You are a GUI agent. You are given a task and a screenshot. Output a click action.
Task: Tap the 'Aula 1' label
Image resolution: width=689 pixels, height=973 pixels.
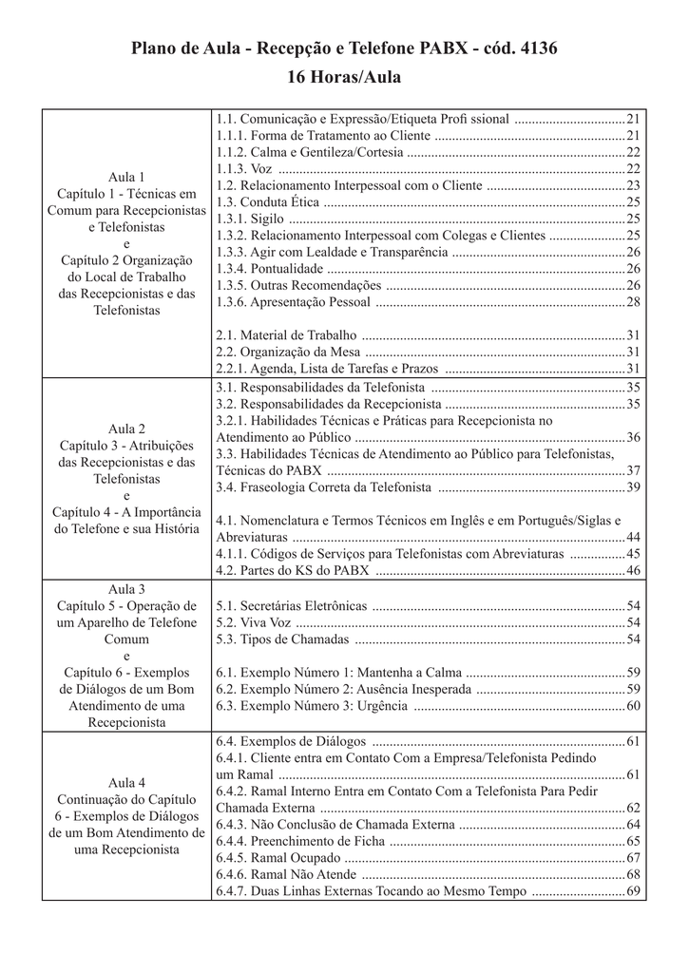coord(126,177)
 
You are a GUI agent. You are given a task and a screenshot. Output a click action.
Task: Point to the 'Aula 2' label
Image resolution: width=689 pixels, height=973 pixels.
coord(126,429)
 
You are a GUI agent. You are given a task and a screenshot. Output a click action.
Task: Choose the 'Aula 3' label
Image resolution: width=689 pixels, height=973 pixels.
coord(126,589)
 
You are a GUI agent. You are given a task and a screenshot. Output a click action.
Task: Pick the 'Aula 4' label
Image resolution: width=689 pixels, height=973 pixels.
coord(126,783)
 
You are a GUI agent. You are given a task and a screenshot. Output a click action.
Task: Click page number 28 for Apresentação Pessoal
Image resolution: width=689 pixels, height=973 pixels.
coord(634,302)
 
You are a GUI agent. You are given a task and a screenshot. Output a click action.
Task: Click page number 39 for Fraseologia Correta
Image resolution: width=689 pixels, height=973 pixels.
coord(634,487)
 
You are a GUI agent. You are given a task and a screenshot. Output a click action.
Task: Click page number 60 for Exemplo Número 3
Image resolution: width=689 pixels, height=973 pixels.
coord(634,706)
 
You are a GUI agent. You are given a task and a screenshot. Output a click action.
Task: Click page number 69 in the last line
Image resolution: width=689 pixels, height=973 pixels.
coord(634,891)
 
